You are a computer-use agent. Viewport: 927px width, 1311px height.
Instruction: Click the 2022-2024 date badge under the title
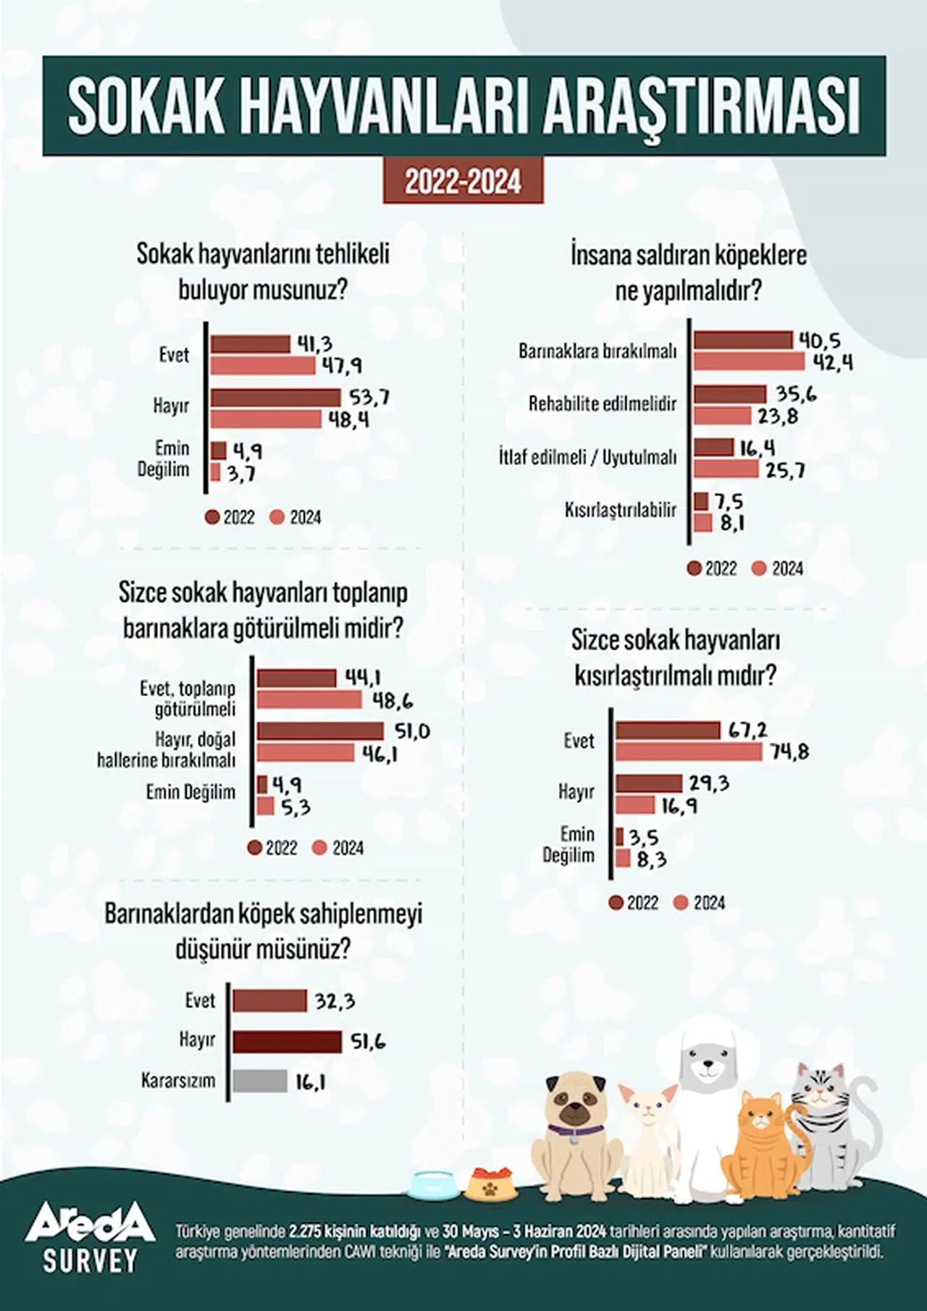[x=463, y=182]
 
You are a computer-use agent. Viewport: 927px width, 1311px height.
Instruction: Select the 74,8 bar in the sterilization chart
[x=689, y=752]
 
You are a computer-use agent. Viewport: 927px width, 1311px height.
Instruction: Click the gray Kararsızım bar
[x=260, y=1081]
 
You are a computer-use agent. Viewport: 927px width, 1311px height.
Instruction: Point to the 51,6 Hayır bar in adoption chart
[x=287, y=1042]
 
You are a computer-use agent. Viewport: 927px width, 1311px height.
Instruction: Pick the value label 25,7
[x=786, y=471]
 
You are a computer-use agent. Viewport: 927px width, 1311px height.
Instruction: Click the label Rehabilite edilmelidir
[x=603, y=403]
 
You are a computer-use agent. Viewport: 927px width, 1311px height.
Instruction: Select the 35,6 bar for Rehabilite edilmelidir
[x=729, y=395]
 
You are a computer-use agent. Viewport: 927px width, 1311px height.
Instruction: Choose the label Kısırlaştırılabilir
[x=621, y=510]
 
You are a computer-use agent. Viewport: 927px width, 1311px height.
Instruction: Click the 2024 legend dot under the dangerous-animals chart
[x=275, y=517]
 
